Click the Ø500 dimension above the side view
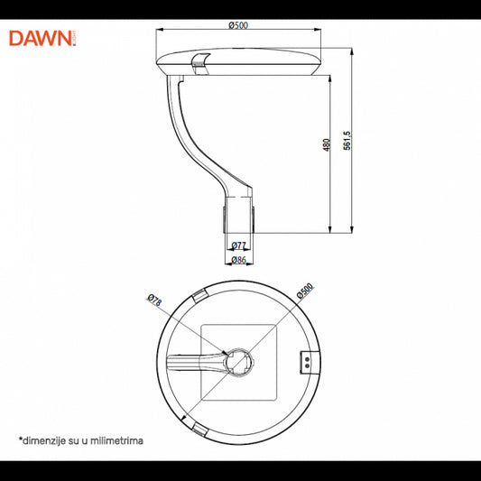(238, 24)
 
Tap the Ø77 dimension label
(239, 245)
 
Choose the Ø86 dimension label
(239, 260)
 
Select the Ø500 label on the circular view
(305, 291)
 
